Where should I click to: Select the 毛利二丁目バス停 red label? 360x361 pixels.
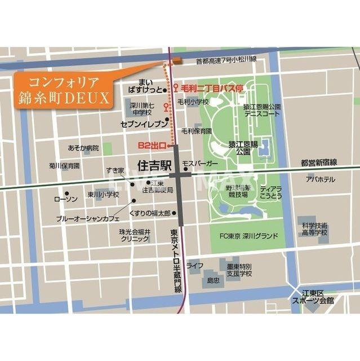pyautogui.click(x=212, y=89)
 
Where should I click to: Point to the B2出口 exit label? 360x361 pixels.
pyautogui.click(x=152, y=146)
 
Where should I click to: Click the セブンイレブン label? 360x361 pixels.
pyautogui.click(x=144, y=122)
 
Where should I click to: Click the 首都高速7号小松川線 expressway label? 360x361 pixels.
pyautogui.click(x=226, y=60)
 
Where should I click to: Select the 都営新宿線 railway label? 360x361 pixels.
pyautogui.click(x=318, y=162)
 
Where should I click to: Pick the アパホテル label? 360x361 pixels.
pyautogui.click(x=320, y=179)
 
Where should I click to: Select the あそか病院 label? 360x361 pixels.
pyautogui.click(x=83, y=148)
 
